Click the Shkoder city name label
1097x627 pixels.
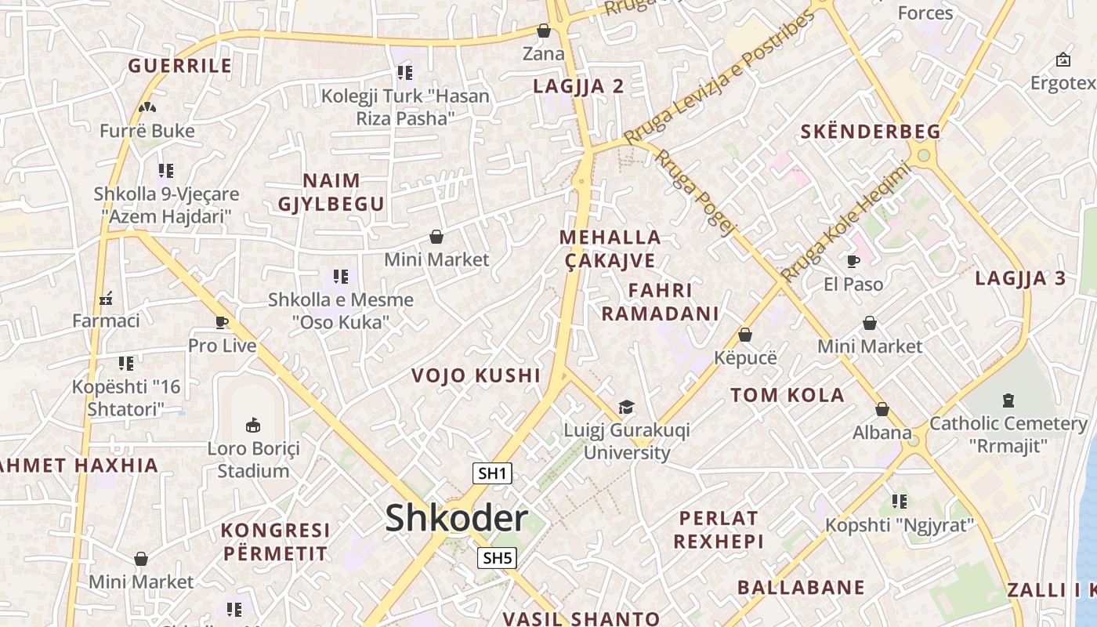point(456,519)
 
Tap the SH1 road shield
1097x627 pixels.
point(493,473)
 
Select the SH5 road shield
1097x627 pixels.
point(497,558)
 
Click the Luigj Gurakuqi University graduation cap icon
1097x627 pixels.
point(626,407)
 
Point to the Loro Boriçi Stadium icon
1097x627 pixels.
point(253,426)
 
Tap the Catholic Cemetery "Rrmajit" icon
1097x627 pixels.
point(1008,400)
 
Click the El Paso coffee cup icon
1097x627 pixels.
point(853,261)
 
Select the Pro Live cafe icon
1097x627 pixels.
point(222,322)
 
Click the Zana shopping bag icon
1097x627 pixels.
point(543,31)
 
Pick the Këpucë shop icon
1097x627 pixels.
point(745,335)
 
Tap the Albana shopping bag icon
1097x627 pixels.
point(882,409)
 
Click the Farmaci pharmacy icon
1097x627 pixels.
point(106,298)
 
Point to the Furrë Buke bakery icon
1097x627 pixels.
point(147,107)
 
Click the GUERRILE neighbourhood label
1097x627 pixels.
point(180,66)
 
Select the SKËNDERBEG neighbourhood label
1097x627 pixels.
point(870,132)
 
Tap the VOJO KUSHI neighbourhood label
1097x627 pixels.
point(476,375)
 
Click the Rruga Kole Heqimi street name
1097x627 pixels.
point(846,223)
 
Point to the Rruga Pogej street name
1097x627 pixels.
point(696,192)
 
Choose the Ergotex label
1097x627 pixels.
point(1063,83)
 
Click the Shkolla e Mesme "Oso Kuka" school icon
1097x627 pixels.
point(341,276)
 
